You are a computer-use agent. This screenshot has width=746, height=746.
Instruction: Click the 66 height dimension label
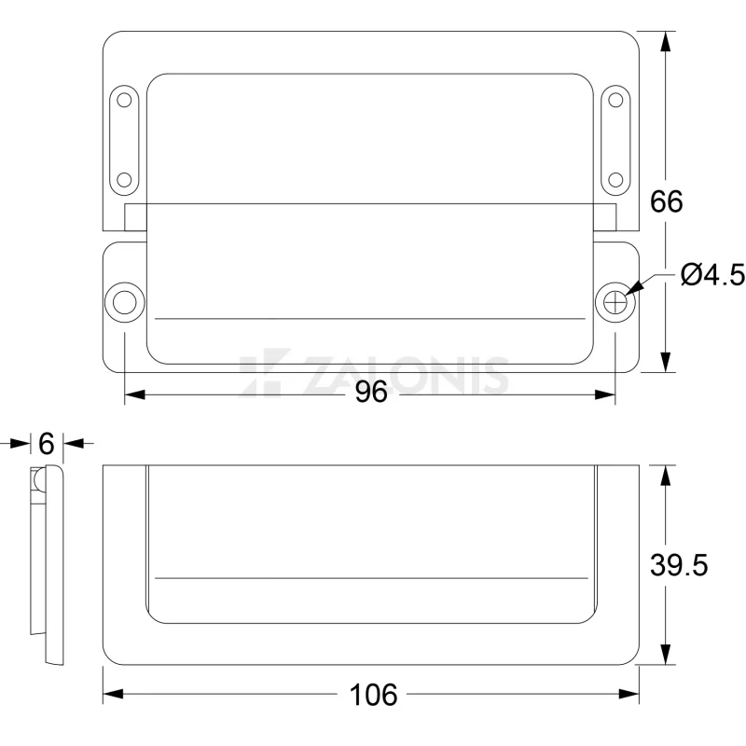coord(666,201)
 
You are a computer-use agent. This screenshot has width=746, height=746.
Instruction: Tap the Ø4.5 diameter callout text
coord(712,275)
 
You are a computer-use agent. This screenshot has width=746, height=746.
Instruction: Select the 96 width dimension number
coord(371,393)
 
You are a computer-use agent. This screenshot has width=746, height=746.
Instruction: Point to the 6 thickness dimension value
coord(46,444)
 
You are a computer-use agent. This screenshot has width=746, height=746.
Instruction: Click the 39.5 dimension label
coord(679,565)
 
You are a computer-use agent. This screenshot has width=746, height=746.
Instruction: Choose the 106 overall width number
coord(373,695)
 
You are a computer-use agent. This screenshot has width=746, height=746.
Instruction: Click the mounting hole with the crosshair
coord(615,302)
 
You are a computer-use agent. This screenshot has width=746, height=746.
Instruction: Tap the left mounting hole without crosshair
coord(125,302)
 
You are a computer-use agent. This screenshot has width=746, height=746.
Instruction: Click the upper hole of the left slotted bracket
coord(124,101)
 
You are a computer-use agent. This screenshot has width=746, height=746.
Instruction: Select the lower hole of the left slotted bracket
coord(124,180)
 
